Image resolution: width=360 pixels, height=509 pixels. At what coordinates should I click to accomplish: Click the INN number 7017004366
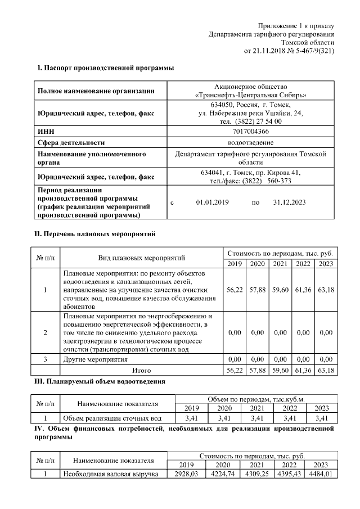coord(250,132)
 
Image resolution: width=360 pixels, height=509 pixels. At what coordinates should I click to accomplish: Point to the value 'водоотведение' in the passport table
coord(250,142)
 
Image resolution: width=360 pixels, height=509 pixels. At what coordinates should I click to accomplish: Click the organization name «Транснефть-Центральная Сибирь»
coord(250,95)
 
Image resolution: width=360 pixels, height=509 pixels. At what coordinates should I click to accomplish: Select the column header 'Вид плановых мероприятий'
coord(142,258)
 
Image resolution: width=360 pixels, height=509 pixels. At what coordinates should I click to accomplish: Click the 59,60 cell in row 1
coord(280,290)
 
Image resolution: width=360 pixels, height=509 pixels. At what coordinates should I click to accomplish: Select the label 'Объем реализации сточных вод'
coord(112,418)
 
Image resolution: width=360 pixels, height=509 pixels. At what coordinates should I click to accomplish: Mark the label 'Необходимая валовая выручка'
coord(110,474)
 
